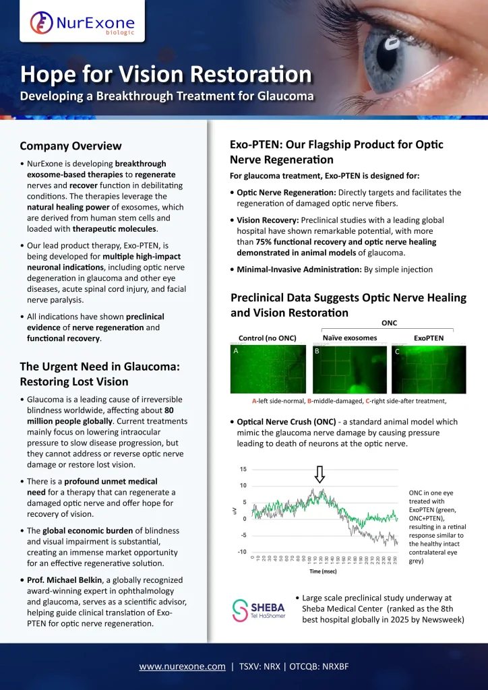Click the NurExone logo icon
42,24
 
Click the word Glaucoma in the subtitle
285,95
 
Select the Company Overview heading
71,146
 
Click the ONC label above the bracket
389,323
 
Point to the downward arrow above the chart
320,474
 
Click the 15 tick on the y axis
243,469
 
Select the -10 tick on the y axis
242,552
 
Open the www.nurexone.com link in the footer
182,666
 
